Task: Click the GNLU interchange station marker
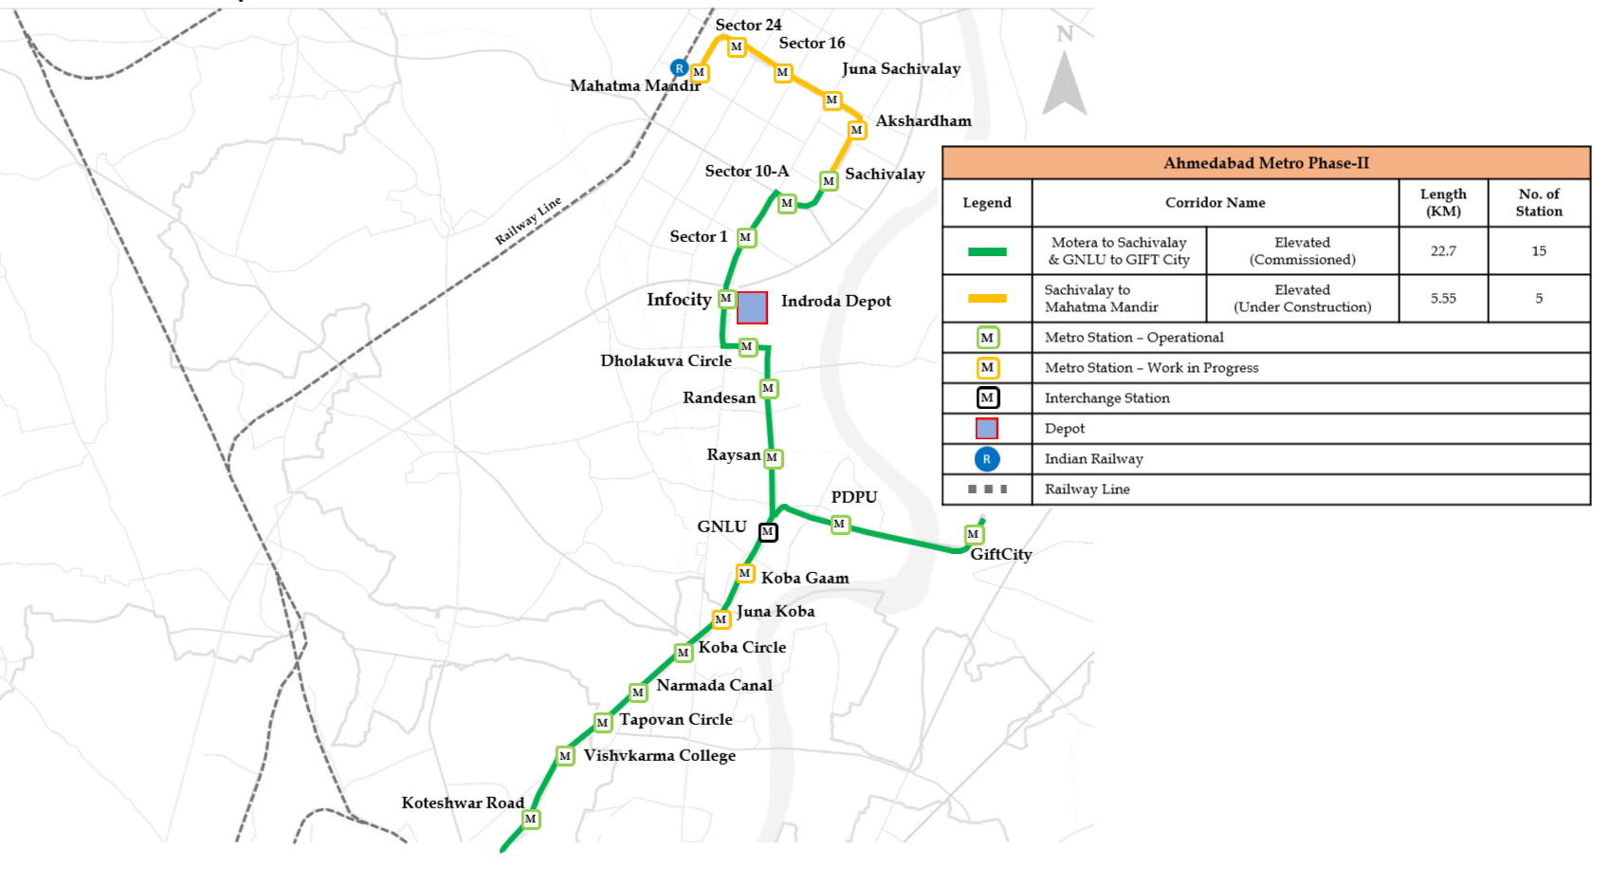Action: click(768, 532)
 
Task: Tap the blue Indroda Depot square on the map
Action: click(752, 307)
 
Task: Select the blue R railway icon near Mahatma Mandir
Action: click(679, 67)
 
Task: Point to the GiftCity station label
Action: click(1000, 554)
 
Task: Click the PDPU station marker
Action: click(839, 524)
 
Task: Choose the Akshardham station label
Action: click(923, 120)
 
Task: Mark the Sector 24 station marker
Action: click(736, 46)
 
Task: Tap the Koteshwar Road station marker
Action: click(531, 819)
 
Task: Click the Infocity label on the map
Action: click(679, 300)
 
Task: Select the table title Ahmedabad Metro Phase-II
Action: click(1266, 163)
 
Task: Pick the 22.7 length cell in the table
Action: click(1443, 250)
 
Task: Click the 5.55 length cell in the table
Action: click(1443, 298)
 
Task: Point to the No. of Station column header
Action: click(1538, 202)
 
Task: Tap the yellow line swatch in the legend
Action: click(987, 298)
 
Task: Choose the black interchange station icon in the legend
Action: click(987, 398)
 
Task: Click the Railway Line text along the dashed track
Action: click(528, 220)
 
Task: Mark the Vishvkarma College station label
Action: click(659, 755)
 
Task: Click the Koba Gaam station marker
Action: click(745, 573)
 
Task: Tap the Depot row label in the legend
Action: click(1064, 428)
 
